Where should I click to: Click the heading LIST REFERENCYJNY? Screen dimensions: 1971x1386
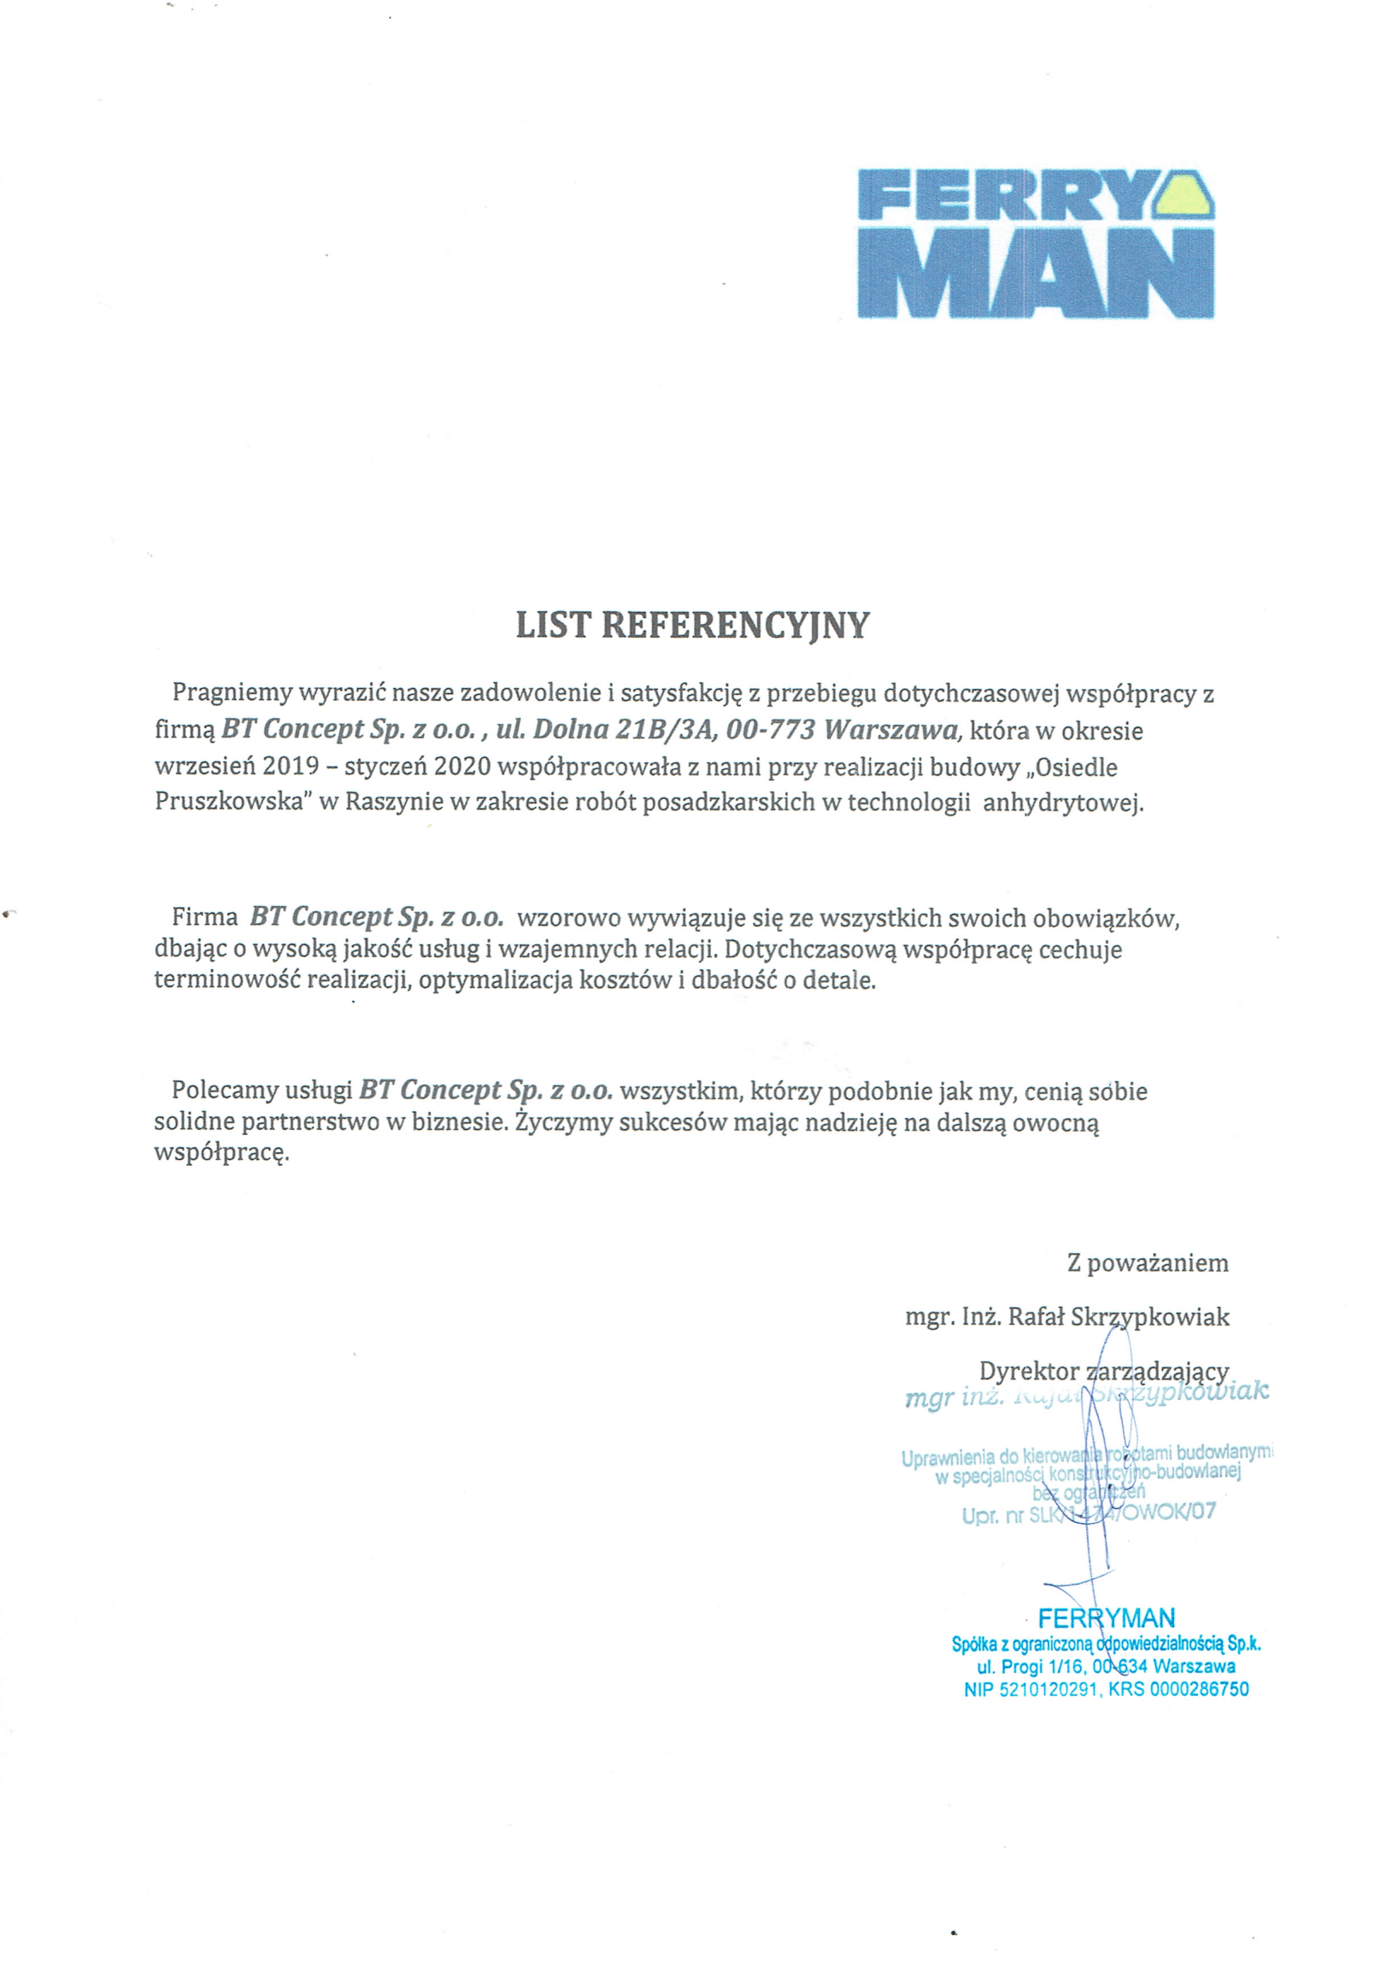[x=691, y=625]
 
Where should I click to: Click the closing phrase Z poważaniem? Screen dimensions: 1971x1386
[x=1148, y=1262]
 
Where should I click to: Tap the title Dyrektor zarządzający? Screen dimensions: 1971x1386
[x=1104, y=1371]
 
